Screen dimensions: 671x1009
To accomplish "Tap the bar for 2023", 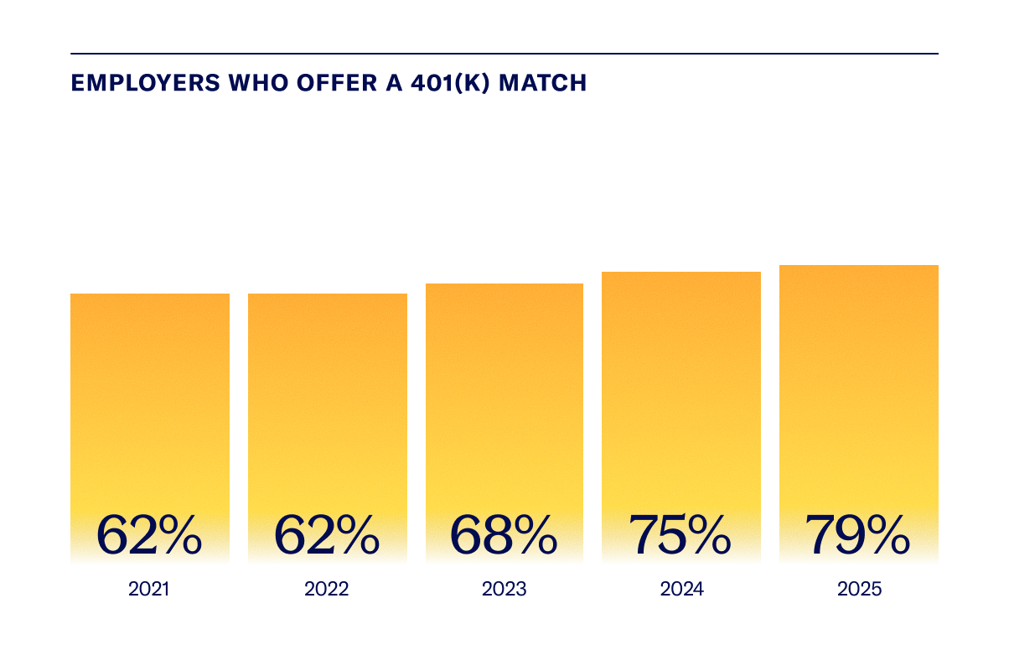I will (504, 394).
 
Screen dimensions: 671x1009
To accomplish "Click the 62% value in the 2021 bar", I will (149, 534).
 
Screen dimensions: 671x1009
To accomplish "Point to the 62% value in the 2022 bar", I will (327, 534).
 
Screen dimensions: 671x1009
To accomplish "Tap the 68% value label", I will (504, 534).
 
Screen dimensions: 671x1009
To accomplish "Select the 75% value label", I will (680, 534).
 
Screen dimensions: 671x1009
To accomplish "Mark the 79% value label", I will (857, 534).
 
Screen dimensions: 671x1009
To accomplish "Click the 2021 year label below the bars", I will (149, 589).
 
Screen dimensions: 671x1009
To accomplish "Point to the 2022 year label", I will (327, 589).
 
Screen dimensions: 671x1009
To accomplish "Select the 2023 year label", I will (504, 589).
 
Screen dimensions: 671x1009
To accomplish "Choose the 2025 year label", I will (859, 589).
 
